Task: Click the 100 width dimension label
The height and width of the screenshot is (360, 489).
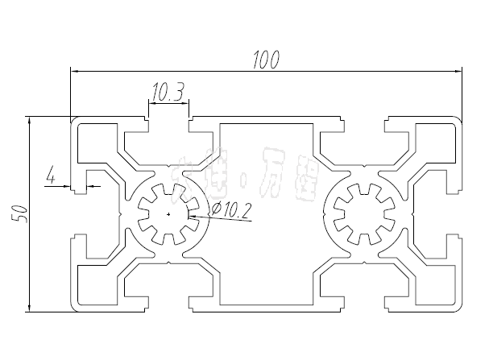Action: tap(265, 59)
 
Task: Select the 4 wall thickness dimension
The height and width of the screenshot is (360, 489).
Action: tap(52, 175)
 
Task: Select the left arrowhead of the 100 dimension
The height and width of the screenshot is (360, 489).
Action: tap(75, 71)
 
